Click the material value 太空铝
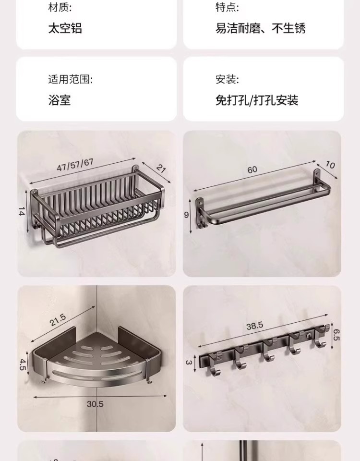tap(65, 28)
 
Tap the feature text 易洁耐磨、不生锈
tap(261, 28)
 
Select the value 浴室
tap(60, 100)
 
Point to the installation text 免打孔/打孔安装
tap(257, 100)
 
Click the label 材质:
tap(60, 7)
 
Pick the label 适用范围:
tap(70, 79)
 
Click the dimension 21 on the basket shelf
tap(160, 169)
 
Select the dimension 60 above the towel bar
tap(252, 170)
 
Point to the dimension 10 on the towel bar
tap(330, 164)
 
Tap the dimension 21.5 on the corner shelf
tap(57, 321)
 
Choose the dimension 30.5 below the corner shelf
tap(95, 404)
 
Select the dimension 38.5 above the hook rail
tap(254, 326)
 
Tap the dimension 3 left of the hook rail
tap(189, 361)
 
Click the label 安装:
tap(227, 79)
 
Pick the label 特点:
tap(227, 7)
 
